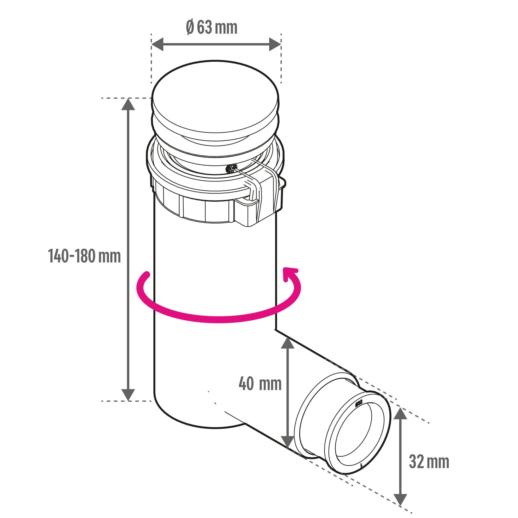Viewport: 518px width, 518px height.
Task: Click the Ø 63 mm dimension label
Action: (212, 28)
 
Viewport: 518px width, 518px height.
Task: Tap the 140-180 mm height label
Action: (84, 256)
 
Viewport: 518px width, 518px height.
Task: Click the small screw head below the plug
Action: (230, 169)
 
